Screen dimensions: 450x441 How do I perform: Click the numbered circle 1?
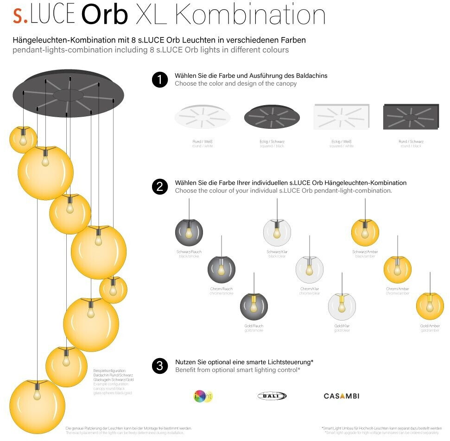click(160, 80)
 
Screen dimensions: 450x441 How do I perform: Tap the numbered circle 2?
click(160, 187)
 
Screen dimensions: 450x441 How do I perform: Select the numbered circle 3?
click(160, 366)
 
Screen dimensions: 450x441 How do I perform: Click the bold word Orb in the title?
click(104, 15)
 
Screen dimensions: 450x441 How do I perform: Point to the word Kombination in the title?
click(250, 15)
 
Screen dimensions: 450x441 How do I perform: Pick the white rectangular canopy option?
click(342, 117)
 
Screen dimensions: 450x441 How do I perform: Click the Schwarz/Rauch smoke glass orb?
click(189, 232)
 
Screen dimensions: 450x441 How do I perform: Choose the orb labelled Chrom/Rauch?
click(221, 269)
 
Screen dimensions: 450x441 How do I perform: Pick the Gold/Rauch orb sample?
click(254, 306)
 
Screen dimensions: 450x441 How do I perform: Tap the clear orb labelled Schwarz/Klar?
click(277, 232)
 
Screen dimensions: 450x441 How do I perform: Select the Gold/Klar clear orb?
click(342, 306)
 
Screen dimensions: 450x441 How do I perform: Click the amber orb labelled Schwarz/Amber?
click(365, 232)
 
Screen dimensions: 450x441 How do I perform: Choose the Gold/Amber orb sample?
click(430, 306)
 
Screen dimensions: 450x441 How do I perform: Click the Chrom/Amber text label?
click(398, 289)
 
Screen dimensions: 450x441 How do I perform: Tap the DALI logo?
click(272, 396)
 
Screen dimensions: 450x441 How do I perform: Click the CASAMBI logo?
click(342, 396)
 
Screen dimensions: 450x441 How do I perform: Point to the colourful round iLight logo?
click(203, 396)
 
